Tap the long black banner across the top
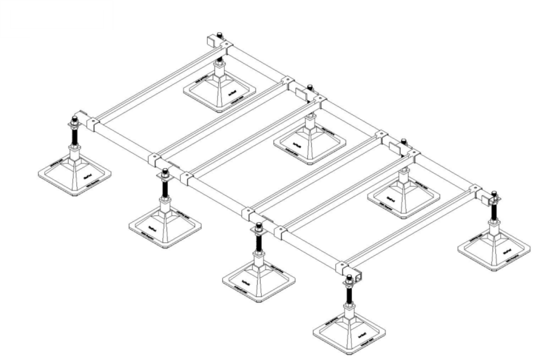(x=323, y=15)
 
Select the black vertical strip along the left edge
(x=14, y=198)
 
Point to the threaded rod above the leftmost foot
(x=73, y=136)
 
